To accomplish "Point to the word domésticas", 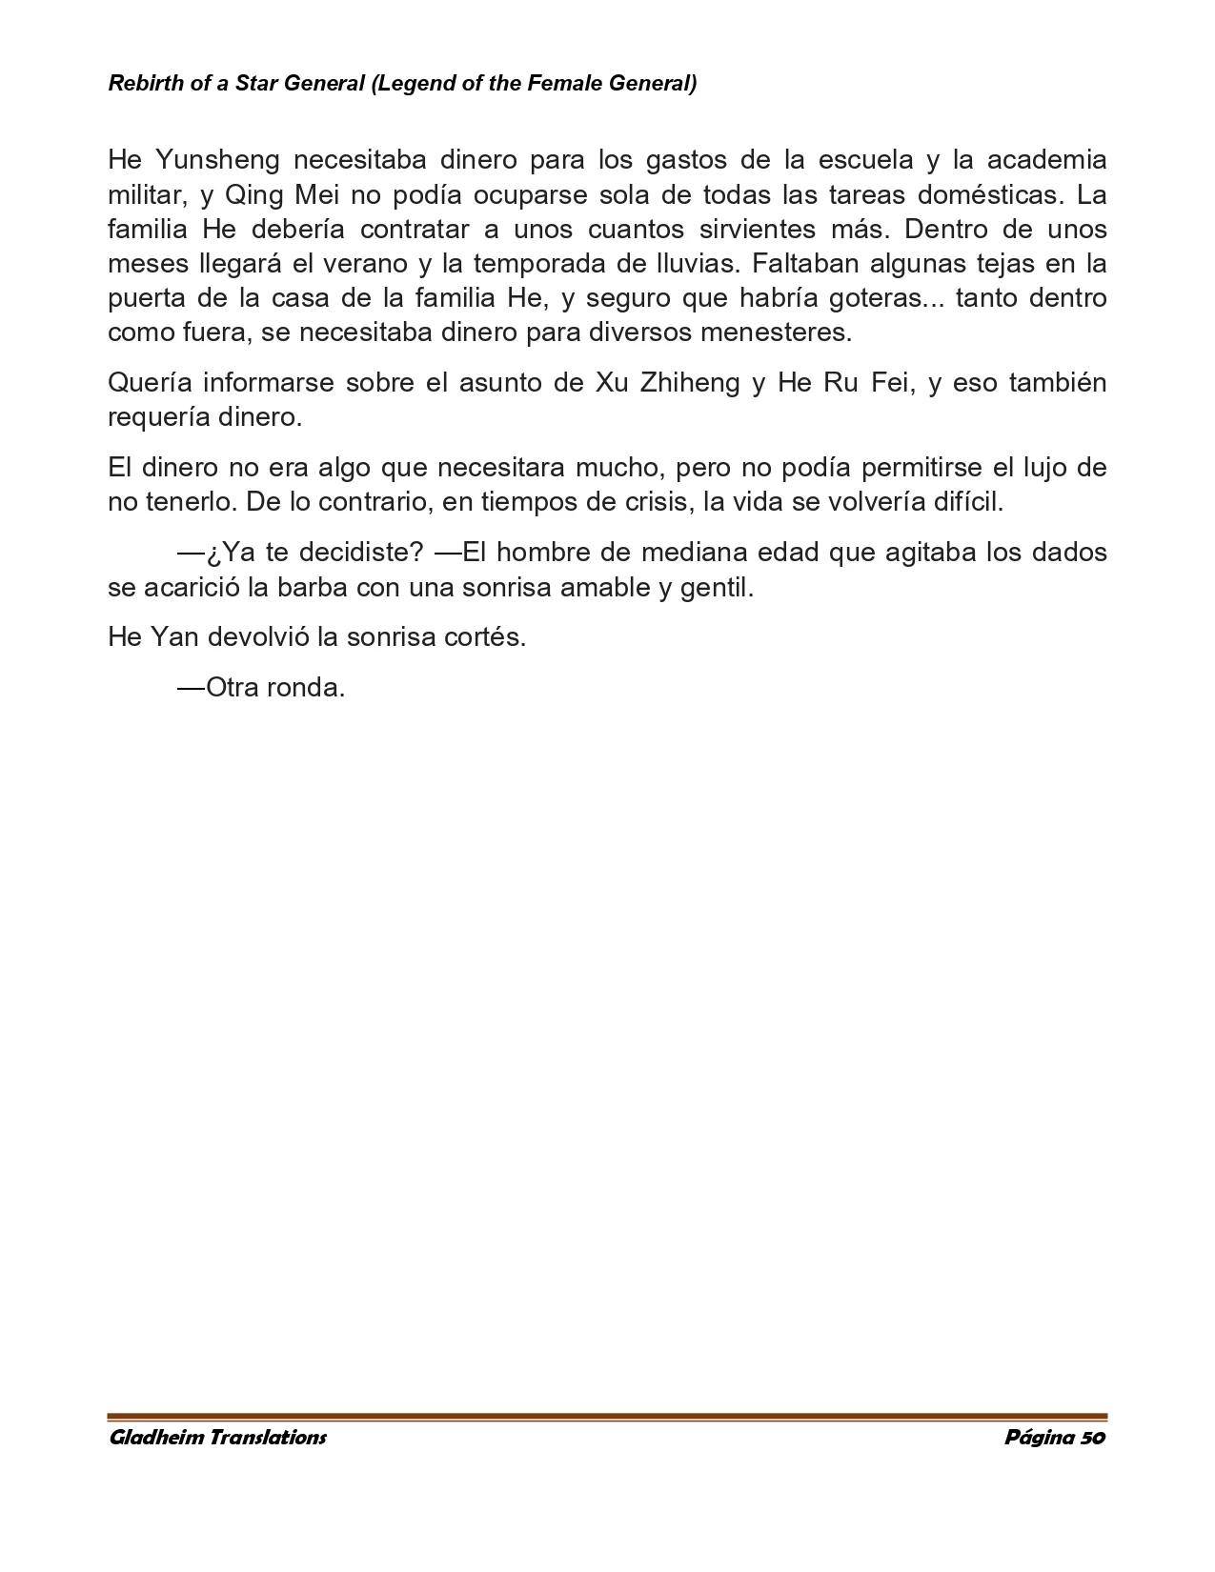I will click(x=989, y=194).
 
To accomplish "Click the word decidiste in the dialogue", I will click(x=360, y=553).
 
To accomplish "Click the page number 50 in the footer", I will click(x=1092, y=1438).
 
